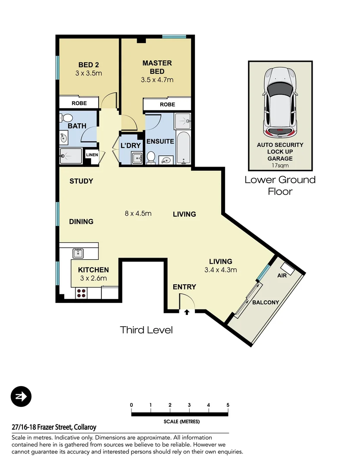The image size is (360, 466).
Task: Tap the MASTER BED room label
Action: pos(157,67)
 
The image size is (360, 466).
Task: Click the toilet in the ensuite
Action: pos(151,157)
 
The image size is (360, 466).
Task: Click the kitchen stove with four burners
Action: pos(82,293)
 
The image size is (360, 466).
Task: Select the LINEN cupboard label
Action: pos(92,155)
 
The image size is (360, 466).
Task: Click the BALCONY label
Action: pos(265,302)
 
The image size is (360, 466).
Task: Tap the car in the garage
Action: pos(280,102)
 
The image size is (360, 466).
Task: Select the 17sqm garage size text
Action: pos(280,164)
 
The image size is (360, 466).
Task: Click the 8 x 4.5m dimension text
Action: pos(138,213)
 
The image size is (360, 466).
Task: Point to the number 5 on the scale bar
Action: pos(228,405)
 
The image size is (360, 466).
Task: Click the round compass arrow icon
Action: pos(21,396)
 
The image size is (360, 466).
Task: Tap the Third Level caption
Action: pos(146,330)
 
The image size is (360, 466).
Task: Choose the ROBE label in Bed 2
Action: pos(79,103)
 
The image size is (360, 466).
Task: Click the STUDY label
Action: pos(81,181)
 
